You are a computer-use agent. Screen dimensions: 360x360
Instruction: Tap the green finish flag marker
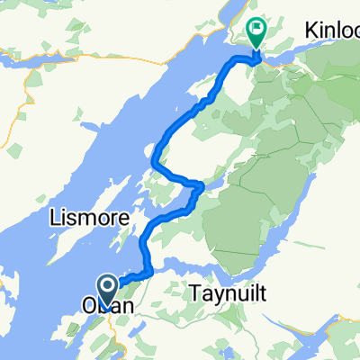click(x=256, y=34)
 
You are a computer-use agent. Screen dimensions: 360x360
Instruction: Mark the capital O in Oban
click(x=91, y=307)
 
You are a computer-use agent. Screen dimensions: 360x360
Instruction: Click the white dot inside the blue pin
click(x=106, y=288)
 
